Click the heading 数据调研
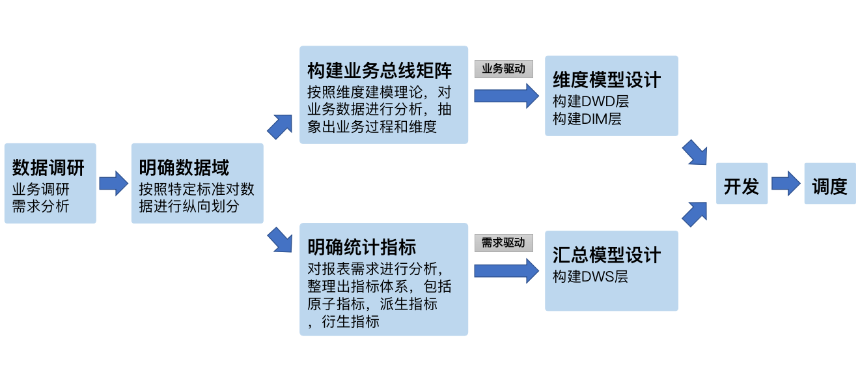(x=48, y=168)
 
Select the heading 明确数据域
(x=184, y=168)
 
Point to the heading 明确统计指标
(x=361, y=247)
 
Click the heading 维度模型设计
(x=607, y=80)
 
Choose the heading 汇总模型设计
(x=607, y=255)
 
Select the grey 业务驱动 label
(x=503, y=69)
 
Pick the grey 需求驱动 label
(x=503, y=243)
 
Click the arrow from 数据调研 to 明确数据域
(x=114, y=184)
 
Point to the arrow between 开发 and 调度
(x=786, y=184)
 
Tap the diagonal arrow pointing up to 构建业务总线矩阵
(x=280, y=126)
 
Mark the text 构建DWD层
(x=590, y=102)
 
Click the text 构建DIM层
(x=587, y=119)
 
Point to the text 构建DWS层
(x=590, y=276)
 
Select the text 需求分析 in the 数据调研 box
(x=40, y=207)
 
